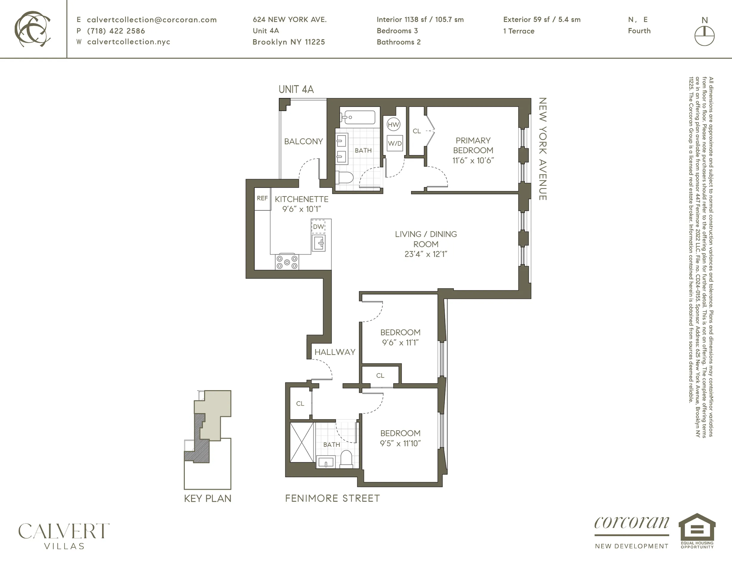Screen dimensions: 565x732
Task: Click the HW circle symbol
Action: [x=393, y=124]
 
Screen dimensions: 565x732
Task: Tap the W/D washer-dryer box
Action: [x=395, y=143]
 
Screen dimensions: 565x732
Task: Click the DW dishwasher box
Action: [x=318, y=227]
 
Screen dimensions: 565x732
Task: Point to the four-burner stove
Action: [x=287, y=262]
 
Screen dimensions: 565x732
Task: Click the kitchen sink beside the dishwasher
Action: [x=318, y=243]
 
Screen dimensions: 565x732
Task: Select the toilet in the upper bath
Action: [x=345, y=178]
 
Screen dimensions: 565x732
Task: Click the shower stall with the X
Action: [x=302, y=442]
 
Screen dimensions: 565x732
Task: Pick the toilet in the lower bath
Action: [x=346, y=459]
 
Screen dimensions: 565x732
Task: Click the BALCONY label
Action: [x=303, y=141]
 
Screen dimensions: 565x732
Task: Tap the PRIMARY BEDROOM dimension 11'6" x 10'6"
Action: [x=473, y=160]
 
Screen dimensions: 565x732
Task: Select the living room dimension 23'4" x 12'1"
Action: [x=426, y=254]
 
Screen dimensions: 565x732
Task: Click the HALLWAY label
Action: [x=335, y=352]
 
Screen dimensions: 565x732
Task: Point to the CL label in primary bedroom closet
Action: [x=417, y=131]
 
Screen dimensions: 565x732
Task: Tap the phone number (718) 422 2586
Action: [x=116, y=31]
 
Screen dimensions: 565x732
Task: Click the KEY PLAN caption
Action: [x=208, y=498]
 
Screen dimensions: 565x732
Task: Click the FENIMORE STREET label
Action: [x=332, y=498]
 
